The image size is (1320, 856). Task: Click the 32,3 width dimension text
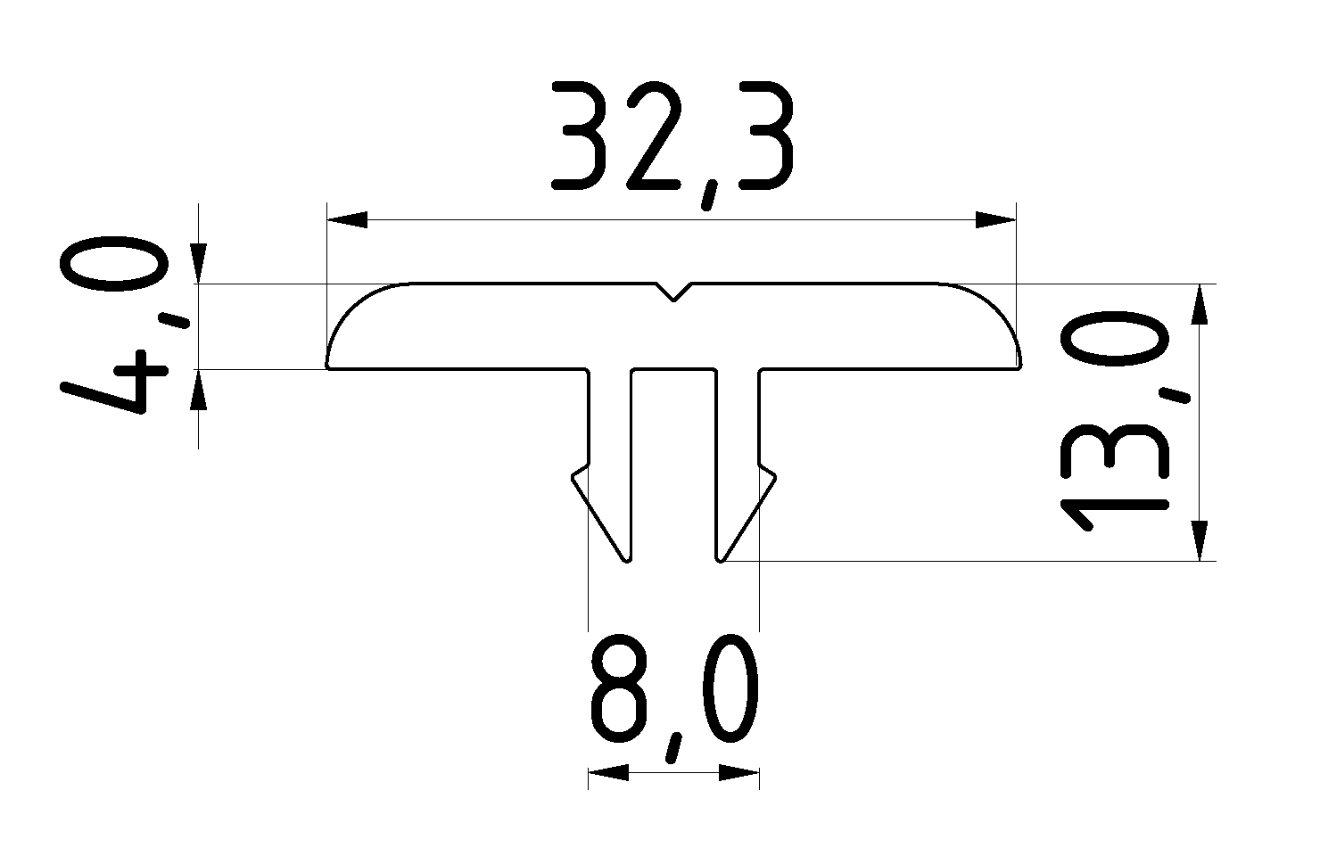pyautogui.click(x=671, y=138)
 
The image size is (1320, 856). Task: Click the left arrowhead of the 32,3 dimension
pyautogui.click(x=348, y=220)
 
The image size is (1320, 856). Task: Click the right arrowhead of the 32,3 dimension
pyautogui.click(x=995, y=220)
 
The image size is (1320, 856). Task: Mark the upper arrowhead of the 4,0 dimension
pyautogui.click(x=198, y=264)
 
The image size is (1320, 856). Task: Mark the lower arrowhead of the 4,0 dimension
pyautogui.click(x=198, y=390)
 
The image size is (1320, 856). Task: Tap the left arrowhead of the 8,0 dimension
pyautogui.click(x=608, y=772)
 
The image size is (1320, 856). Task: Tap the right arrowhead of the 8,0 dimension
pyautogui.click(x=738, y=772)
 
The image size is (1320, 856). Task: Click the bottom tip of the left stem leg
pyautogui.click(x=627, y=559)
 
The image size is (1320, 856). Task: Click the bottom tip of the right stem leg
pyautogui.click(x=721, y=559)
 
